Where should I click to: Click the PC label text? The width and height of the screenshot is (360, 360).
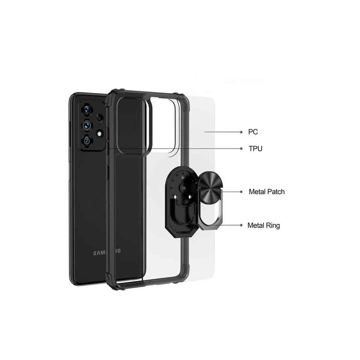pyautogui.click(x=253, y=132)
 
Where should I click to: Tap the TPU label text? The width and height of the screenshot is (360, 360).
pyautogui.click(x=255, y=148)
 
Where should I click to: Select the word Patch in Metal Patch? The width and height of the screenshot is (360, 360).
pyautogui.click(x=275, y=192)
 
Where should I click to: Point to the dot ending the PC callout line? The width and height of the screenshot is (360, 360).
pyautogui.click(x=241, y=132)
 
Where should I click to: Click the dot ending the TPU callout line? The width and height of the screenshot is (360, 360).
pyautogui.click(x=241, y=148)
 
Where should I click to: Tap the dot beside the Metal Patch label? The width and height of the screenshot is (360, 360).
pyautogui.click(x=241, y=192)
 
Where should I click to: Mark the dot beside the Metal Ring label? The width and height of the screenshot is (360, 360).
pyautogui.click(x=241, y=225)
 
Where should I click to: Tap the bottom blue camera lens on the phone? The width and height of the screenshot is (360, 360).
pyautogui.click(x=87, y=141)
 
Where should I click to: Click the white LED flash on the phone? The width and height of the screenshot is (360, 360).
pyautogui.click(x=100, y=133)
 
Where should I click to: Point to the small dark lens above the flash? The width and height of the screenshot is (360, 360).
pyautogui.click(x=99, y=118)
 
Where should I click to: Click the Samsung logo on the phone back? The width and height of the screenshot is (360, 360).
pyautogui.click(x=107, y=253)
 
